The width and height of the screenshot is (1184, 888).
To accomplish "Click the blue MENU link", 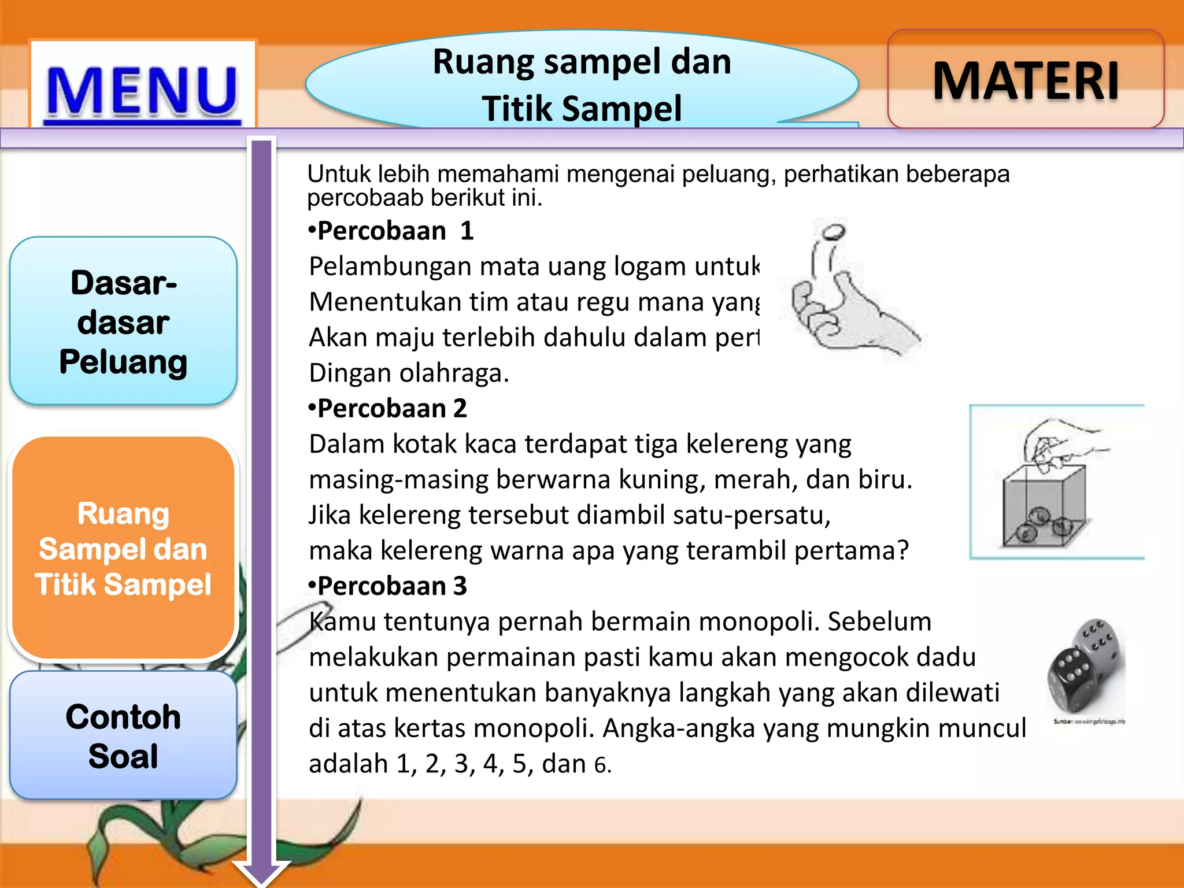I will tap(142, 91).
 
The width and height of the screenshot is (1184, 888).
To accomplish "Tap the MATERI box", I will tap(1026, 81).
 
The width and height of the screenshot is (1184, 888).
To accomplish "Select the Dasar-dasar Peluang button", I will tap(123, 321).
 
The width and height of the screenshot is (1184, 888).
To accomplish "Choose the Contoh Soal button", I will tap(123, 735).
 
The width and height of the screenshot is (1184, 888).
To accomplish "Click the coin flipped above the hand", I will tap(833, 232).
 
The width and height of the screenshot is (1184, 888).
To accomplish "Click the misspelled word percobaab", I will tap(365, 198).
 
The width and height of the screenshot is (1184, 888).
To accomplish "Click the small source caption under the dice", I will tap(1089, 721).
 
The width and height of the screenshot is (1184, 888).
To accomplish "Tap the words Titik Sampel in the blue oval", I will tap(582, 109).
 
